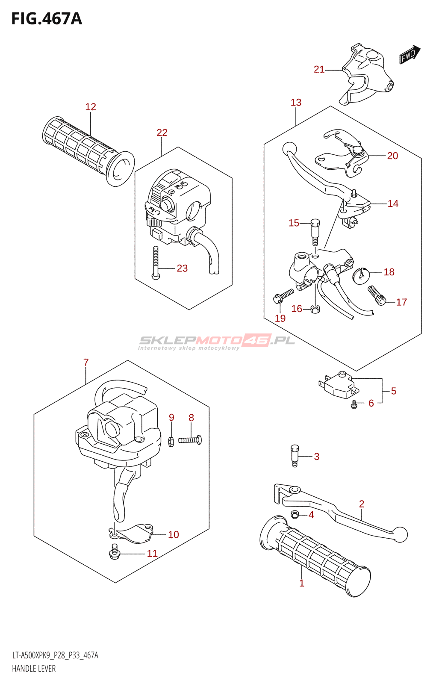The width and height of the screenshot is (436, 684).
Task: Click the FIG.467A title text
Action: click(x=47, y=19)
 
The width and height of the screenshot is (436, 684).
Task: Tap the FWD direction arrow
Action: click(x=409, y=55)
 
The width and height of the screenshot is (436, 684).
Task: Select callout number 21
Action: click(x=319, y=69)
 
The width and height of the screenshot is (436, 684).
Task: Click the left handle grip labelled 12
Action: click(x=88, y=150)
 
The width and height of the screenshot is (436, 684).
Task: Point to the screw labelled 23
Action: click(x=156, y=263)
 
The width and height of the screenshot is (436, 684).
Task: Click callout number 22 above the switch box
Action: click(x=162, y=133)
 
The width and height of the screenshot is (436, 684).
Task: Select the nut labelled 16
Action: click(x=315, y=309)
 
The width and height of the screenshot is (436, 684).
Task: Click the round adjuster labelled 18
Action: click(x=361, y=274)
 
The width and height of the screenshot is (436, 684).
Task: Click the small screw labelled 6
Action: click(x=354, y=404)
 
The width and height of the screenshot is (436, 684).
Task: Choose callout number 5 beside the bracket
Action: click(x=393, y=391)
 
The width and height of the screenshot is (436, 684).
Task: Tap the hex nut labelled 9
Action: click(x=171, y=442)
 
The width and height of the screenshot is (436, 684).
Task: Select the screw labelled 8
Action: click(x=190, y=439)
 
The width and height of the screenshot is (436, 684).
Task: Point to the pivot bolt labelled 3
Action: click(x=295, y=456)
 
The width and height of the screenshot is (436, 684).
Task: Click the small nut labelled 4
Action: click(x=295, y=514)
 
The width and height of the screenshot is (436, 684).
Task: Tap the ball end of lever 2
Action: click(x=401, y=534)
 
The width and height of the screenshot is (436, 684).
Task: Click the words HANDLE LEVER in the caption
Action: click(x=34, y=669)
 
